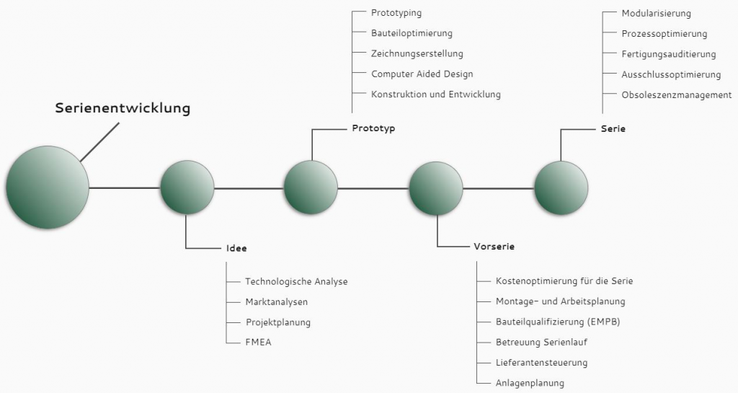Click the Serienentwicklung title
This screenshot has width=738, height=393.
(x=123, y=107)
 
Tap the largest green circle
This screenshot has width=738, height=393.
(x=48, y=187)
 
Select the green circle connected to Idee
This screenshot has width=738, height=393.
(x=187, y=187)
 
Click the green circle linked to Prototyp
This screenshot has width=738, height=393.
(x=311, y=187)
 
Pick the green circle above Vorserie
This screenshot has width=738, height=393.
(x=436, y=188)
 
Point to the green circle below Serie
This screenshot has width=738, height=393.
(x=561, y=187)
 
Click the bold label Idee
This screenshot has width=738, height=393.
(x=236, y=248)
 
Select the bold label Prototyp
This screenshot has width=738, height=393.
(x=374, y=128)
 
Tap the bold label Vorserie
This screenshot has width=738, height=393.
(x=494, y=246)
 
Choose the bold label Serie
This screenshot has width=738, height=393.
(x=613, y=128)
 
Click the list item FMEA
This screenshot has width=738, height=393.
(x=259, y=343)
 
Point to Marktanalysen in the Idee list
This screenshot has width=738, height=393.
(x=277, y=301)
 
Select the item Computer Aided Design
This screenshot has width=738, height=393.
(x=422, y=74)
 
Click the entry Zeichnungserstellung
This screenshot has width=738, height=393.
(x=417, y=53)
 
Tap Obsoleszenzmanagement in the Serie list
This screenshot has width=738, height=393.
(x=677, y=94)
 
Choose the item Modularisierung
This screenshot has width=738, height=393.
(x=657, y=13)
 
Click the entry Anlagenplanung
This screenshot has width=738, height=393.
(x=530, y=383)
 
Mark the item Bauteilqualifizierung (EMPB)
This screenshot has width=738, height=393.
(x=559, y=322)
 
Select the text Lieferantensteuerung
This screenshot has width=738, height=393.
(x=542, y=363)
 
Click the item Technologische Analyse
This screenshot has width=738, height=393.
(x=296, y=281)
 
